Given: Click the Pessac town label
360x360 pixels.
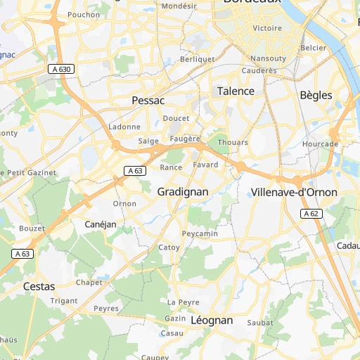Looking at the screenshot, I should [148, 101].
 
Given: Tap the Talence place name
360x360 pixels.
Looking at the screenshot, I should [235, 91].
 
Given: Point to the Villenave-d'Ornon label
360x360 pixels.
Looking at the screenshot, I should [294, 192].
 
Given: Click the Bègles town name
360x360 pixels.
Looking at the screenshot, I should [316, 95].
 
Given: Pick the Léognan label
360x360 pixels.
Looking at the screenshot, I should [211, 320].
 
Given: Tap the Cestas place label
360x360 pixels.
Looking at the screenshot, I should [39, 286].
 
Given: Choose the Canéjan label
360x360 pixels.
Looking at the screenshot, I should [100, 224].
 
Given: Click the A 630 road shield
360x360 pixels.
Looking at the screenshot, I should [61, 69].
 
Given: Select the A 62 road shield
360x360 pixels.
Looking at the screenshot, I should [311, 213].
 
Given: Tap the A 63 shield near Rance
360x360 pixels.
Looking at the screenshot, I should [135, 171].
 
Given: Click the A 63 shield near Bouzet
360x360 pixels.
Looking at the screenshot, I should [22, 254].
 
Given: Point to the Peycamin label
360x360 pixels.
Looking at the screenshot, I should [200, 233].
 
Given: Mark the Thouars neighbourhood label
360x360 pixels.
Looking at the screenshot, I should [233, 142].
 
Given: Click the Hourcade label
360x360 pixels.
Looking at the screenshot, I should [320, 143].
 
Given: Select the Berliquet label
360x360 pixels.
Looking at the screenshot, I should [198, 59].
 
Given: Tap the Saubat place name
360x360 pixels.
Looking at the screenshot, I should [259, 322].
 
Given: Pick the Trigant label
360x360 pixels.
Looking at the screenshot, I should [64, 300].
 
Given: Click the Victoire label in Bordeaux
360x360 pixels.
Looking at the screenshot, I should [266, 28].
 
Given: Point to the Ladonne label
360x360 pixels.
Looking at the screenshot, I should [125, 127].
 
